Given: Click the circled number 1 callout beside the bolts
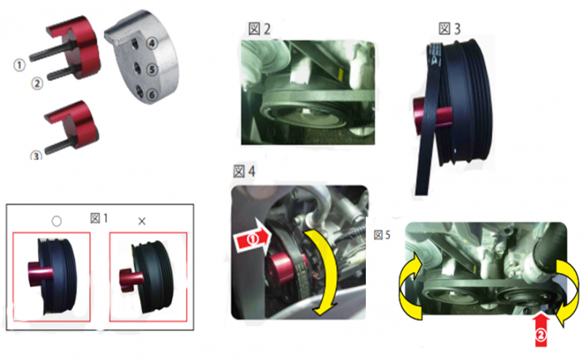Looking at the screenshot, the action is (20, 65).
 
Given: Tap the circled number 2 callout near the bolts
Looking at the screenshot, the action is (37, 84).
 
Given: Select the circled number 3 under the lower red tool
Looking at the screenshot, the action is (36, 155).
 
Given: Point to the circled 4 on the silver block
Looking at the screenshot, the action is (152, 43).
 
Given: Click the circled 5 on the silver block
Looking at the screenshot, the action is (152, 69).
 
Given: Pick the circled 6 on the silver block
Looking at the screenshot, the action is (152, 95).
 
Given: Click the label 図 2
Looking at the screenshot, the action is (259, 29).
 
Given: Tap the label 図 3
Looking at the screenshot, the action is (450, 28).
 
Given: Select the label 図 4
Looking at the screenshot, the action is (244, 171).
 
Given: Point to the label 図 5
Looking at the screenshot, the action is (382, 235).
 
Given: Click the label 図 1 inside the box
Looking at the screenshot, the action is (99, 219).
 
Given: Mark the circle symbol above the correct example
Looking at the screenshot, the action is (57, 222).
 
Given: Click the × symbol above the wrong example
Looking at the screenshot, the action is (141, 222).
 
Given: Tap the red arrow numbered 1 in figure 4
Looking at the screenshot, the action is (252, 239).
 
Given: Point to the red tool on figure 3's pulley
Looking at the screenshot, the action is (432, 115).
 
